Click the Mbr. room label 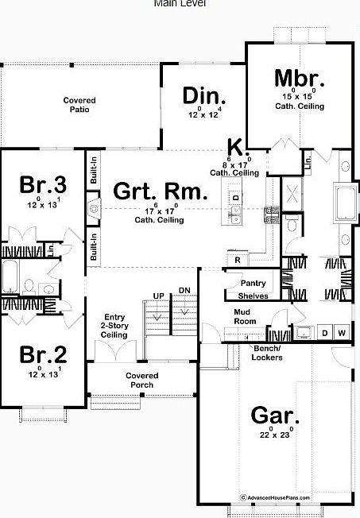pyautogui.click(x=300, y=79)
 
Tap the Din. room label pyautogui.click(x=205, y=96)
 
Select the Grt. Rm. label pyautogui.click(x=161, y=191)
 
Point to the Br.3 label pyautogui.click(x=43, y=185)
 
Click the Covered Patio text pyautogui.click(x=79, y=105)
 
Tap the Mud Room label pyautogui.click(x=243, y=317)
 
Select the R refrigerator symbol pyautogui.click(x=236, y=260)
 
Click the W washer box pyautogui.click(x=342, y=333)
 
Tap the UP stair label pyautogui.click(x=158, y=296)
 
